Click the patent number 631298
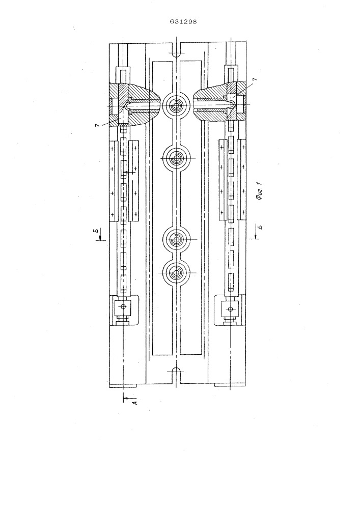(x=183, y=22)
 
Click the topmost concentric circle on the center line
(x=176, y=106)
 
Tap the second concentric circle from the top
(x=176, y=158)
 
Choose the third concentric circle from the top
(x=176, y=240)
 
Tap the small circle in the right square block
(x=230, y=309)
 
